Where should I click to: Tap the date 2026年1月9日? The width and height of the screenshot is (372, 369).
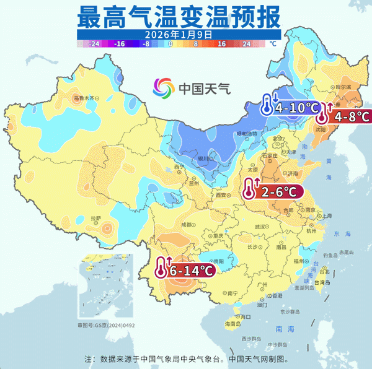179,35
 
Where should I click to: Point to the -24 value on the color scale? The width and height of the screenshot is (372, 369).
95,45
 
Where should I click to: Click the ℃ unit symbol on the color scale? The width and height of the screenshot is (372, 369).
273,45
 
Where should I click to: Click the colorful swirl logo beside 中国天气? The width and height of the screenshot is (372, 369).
164,88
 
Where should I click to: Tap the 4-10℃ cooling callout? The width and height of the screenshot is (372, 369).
289,106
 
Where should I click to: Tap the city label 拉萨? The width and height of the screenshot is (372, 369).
95,219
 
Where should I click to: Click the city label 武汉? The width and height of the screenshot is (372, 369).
264,227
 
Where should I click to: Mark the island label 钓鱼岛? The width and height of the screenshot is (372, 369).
330,254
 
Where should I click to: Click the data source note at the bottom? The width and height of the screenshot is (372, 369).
186,358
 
